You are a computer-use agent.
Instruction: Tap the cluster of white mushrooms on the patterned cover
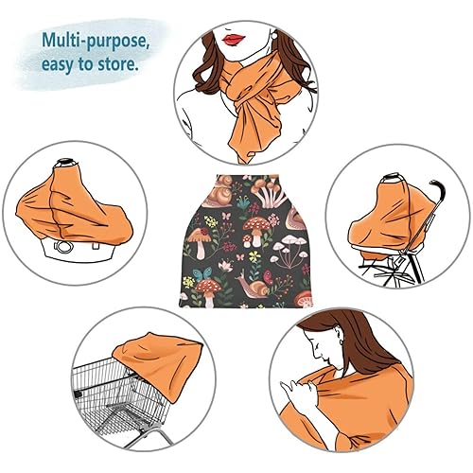(x=287, y=254)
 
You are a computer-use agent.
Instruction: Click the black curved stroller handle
(x=431, y=199)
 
